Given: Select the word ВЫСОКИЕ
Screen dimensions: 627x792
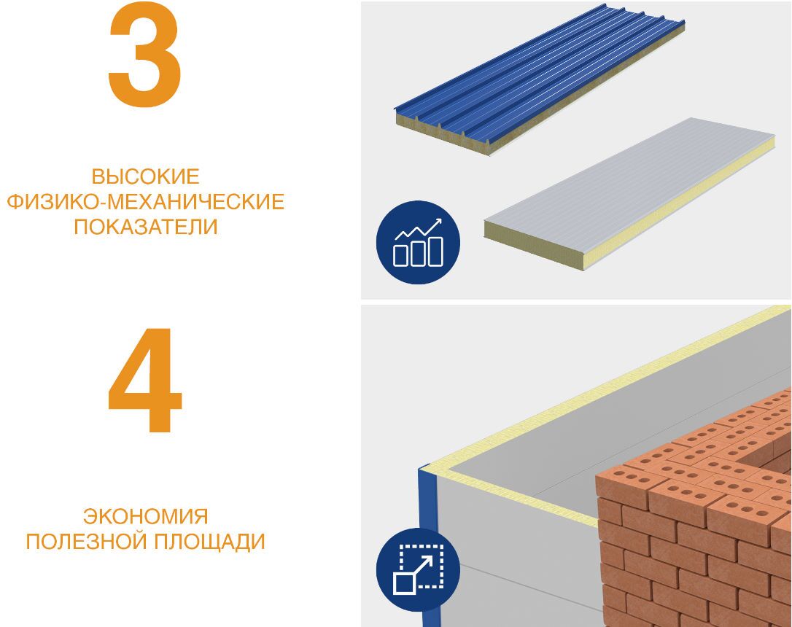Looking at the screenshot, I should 145,177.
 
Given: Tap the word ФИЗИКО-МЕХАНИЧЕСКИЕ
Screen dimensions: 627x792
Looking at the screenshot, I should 145,202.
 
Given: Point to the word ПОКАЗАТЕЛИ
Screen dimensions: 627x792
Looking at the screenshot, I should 145,227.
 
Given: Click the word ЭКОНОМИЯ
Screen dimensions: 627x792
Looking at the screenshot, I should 145,517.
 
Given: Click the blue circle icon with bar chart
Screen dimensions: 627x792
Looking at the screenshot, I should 418,242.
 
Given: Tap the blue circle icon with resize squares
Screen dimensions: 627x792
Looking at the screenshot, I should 418,569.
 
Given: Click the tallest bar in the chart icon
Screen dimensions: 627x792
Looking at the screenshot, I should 435,250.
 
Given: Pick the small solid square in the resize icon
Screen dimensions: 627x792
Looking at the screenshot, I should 404,582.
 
